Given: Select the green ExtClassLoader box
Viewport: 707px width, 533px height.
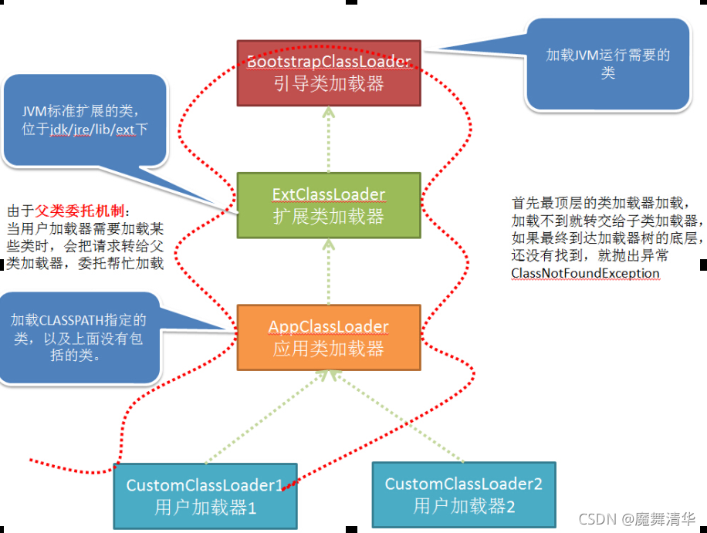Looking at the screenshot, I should pyautogui.click(x=329, y=204).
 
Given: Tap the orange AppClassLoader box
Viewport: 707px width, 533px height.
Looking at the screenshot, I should pyautogui.click(x=329, y=337).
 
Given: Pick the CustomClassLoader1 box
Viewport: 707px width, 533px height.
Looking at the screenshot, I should pyautogui.click(x=205, y=495).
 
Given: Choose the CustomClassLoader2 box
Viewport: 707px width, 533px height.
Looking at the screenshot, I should pyautogui.click(x=464, y=494).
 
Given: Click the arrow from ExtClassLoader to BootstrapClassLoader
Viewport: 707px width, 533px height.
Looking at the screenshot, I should pyautogui.click(x=329, y=139).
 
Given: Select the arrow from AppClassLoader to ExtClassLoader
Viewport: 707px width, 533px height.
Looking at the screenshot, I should pyautogui.click(x=329, y=270).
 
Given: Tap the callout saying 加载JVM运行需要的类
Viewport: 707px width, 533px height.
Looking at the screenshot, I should pyautogui.click(x=607, y=64).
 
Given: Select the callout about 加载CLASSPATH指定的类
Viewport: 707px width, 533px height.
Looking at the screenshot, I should pyautogui.click(x=77, y=338).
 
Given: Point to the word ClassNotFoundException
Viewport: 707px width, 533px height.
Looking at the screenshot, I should pyautogui.click(x=585, y=273).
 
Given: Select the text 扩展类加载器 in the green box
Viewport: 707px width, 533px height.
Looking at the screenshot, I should pyautogui.click(x=329, y=217).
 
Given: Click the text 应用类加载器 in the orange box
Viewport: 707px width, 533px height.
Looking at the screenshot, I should pyautogui.click(x=329, y=349).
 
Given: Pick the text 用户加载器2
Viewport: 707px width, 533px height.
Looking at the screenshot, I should pyautogui.click(x=464, y=507).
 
